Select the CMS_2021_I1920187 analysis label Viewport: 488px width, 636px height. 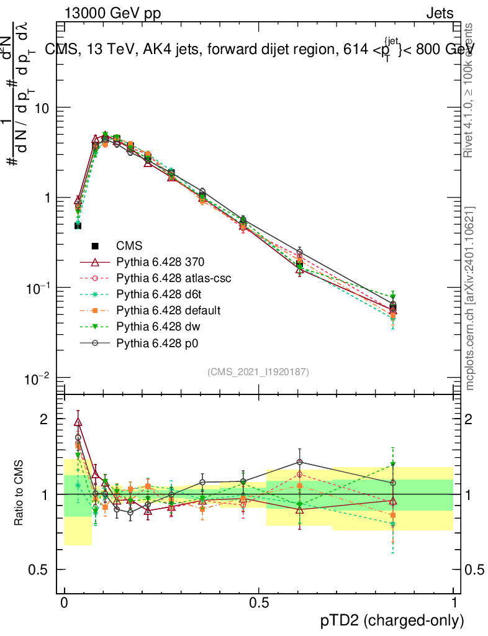pos(258,371)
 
